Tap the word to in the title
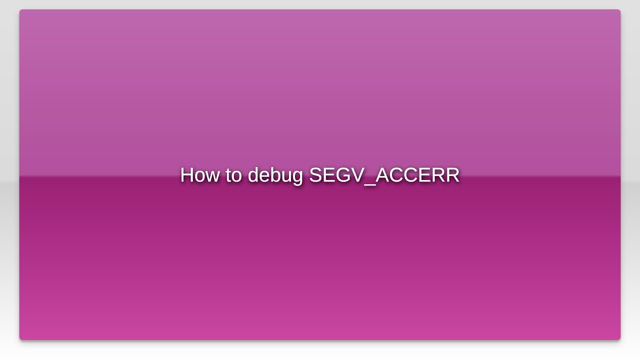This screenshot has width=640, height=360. [x=233, y=175]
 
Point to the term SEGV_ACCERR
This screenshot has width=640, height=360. [x=384, y=175]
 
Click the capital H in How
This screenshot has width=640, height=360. [x=187, y=175]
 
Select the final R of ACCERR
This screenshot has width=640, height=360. [x=452, y=175]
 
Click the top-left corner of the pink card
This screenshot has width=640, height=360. [x=20, y=10]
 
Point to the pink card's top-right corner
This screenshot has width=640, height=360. [x=619, y=10]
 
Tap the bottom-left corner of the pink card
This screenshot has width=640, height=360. [x=20, y=339]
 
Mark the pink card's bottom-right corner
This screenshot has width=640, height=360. [x=619, y=339]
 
